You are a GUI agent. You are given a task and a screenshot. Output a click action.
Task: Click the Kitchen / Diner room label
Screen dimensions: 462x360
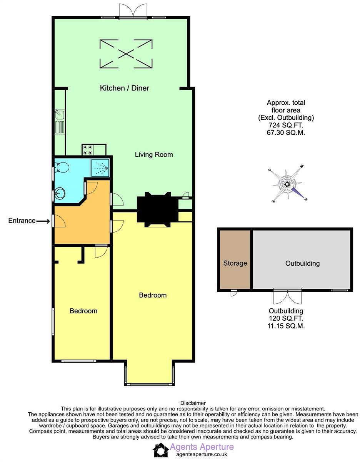coord(124,88)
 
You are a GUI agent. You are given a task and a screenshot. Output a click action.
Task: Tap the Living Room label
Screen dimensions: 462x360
coord(153,155)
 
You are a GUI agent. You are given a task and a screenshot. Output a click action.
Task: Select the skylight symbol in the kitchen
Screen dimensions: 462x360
coord(126,54)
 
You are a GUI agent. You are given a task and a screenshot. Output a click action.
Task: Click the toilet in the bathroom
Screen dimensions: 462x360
coord(62,167)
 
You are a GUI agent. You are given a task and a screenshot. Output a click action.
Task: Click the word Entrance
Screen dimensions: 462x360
coord(22,221)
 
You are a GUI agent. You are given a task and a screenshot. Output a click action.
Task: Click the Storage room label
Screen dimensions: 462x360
coord(235,263)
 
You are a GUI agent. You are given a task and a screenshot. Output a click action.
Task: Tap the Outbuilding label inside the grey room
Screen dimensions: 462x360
coord(302,263)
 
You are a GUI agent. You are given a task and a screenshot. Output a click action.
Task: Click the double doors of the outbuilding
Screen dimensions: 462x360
coord(286,296)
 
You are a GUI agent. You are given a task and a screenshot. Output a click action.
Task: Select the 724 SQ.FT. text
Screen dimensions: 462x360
coord(286,126)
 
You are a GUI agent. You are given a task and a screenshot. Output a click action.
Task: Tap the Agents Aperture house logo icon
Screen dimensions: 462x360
coord(160,450)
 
